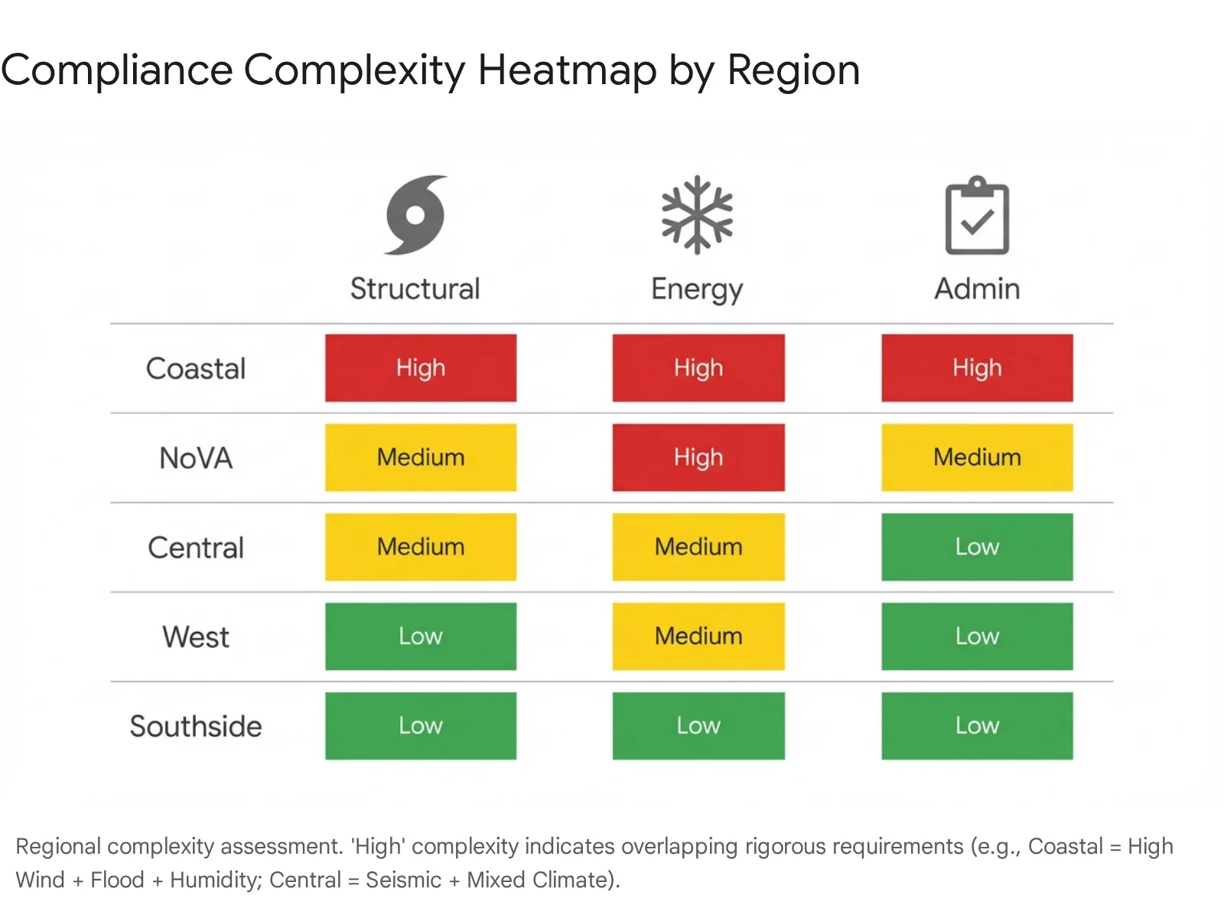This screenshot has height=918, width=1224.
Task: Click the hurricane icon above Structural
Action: click(415, 215)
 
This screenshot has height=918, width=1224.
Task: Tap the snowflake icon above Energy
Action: click(697, 215)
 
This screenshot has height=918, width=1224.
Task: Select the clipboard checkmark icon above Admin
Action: click(977, 216)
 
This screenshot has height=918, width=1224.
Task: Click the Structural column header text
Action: click(415, 289)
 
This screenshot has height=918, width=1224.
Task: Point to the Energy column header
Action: click(697, 290)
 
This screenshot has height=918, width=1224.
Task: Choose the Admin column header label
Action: click(977, 289)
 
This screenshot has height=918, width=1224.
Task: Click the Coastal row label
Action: click(196, 369)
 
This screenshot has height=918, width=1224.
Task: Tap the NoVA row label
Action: click(196, 458)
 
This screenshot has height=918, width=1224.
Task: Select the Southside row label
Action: click(196, 726)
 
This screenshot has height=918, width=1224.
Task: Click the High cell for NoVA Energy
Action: click(698, 457)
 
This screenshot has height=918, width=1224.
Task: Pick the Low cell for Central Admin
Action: click(977, 547)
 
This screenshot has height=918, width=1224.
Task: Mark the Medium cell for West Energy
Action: click(698, 636)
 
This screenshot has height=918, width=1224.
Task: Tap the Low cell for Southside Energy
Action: click(698, 726)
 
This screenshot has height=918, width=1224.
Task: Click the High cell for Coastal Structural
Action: click(421, 368)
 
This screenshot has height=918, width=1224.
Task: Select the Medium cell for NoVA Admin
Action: click(977, 457)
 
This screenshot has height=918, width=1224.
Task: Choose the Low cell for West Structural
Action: click(421, 636)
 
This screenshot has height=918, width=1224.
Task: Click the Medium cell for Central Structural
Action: click(421, 547)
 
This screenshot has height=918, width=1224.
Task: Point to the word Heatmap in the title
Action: click(567, 70)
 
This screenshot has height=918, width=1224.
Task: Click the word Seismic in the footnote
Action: click(403, 880)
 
